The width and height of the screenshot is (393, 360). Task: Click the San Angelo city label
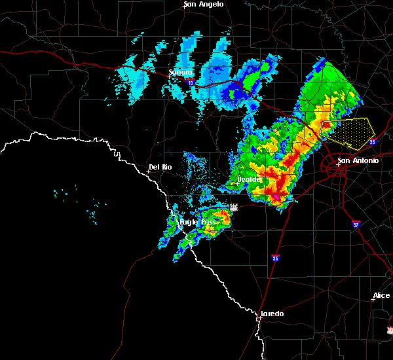tap(204, 4)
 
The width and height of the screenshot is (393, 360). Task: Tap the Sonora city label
tap(181, 72)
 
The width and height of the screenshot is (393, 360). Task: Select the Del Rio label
tap(160, 167)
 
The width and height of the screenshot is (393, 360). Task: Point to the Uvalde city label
tap(250, 179)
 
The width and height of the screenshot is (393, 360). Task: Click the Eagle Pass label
tap(198, 222)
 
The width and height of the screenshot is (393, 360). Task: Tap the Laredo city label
tap(272, 314)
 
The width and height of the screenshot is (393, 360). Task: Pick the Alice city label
tap(381, 296)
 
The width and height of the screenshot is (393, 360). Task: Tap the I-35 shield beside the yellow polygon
tap(372, 141)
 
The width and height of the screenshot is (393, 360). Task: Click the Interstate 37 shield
tap(356, 225)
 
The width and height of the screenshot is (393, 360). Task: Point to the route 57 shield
tap(233, 206)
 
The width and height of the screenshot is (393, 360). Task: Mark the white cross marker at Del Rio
tap(148, 171)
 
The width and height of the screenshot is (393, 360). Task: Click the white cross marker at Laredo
tap(260, 318)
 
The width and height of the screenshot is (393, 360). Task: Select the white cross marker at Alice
tap(373, 300)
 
